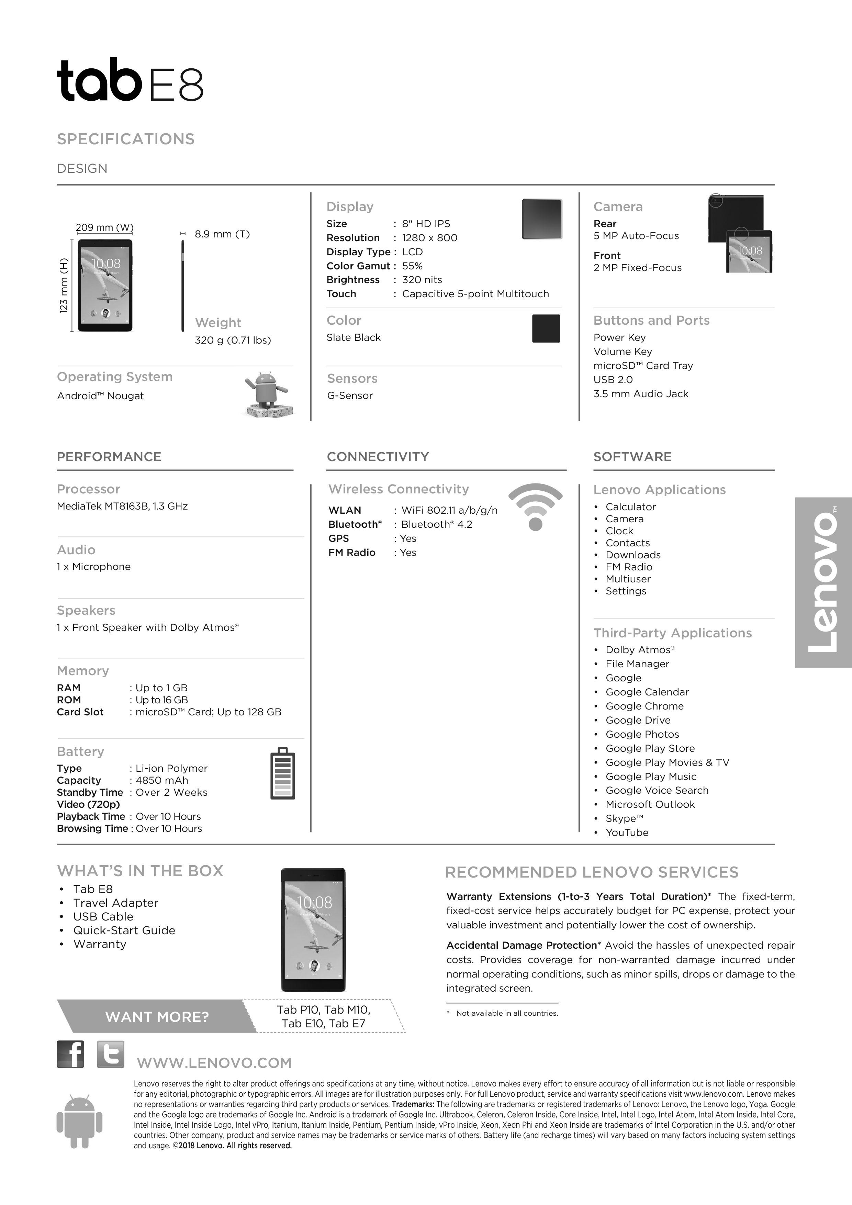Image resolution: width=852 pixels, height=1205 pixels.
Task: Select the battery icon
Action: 282,773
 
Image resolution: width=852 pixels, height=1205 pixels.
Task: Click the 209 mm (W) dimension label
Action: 104,227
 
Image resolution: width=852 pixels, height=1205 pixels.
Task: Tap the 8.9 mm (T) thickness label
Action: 222,234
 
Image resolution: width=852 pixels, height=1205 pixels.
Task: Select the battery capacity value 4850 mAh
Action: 161,780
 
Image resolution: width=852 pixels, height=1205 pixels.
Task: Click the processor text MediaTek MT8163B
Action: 122,506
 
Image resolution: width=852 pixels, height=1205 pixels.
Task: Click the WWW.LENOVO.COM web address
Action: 214,1063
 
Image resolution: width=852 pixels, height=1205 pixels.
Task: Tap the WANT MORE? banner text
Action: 157,1017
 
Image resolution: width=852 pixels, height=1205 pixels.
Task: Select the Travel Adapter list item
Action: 115,903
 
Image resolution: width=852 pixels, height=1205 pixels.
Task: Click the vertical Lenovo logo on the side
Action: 822,582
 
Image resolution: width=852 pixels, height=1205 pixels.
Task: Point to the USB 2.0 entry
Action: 613,379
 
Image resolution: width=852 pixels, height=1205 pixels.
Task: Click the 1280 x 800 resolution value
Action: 429,238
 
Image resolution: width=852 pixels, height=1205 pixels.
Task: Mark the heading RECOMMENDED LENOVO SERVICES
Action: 591,872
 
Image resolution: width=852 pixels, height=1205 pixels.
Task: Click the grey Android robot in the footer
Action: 79,1121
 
